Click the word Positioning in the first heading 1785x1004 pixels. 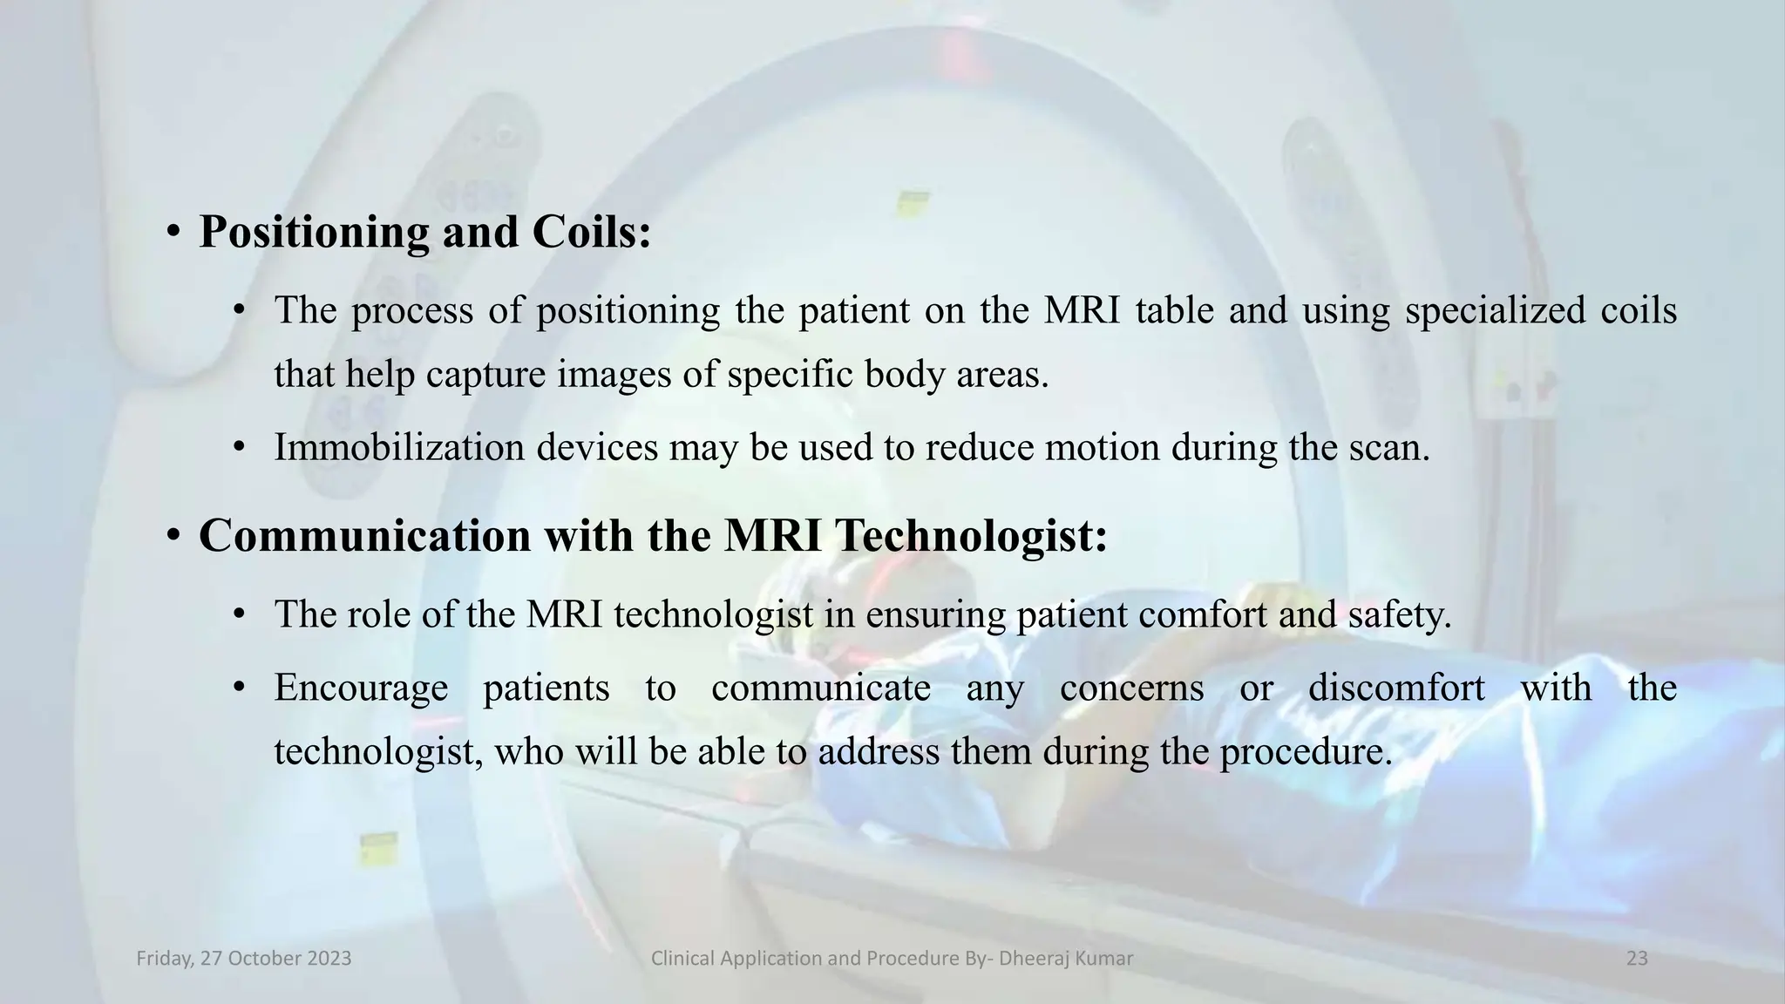click(314, 233)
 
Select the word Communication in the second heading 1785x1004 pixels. click(364, 535)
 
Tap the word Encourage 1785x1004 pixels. click(361, 688)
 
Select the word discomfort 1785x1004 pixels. click(1396, 688)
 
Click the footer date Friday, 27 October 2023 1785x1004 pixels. click(244, 959)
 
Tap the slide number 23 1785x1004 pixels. click(1637, 959)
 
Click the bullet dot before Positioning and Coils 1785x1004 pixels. click(173, 233)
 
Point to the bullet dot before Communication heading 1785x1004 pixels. click(173, 535)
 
